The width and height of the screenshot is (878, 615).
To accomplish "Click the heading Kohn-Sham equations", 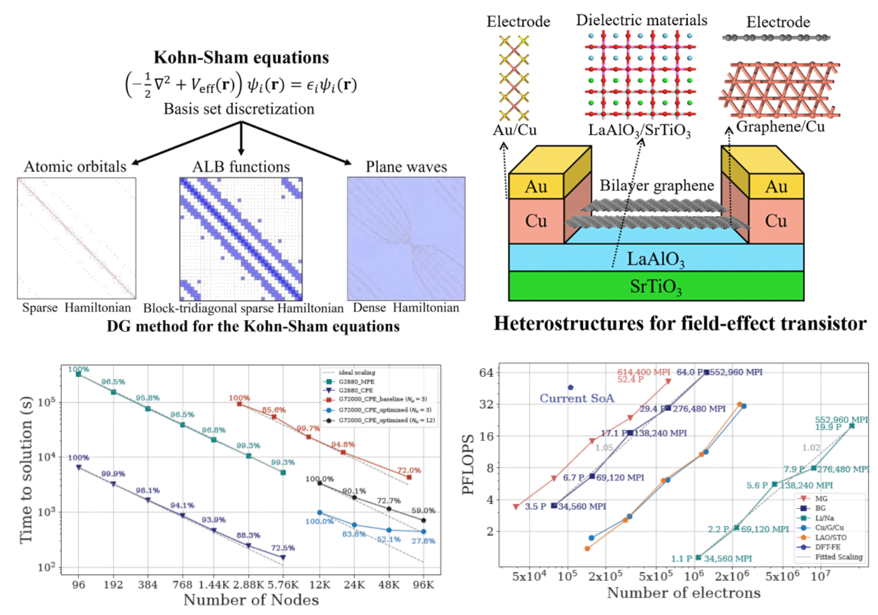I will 241,58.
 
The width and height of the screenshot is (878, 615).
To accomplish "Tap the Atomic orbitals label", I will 75,166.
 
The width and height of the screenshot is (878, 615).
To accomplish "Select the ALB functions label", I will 241,166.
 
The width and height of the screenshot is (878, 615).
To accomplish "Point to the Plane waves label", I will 406,166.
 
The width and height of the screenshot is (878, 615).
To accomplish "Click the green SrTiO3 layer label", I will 656,287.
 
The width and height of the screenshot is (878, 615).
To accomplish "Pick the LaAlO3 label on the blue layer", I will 655,259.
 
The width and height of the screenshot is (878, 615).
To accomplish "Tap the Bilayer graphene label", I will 657,185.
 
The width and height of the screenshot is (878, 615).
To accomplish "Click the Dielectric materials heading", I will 641,20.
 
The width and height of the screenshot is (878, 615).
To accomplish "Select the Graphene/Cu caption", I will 780,127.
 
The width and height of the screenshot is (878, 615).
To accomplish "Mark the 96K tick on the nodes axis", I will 423,585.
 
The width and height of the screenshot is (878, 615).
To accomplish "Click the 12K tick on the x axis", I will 320,585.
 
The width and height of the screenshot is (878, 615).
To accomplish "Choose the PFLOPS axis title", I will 468,464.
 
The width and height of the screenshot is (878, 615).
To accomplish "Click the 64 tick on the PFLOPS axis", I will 486,372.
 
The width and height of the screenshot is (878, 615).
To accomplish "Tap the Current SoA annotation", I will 577,398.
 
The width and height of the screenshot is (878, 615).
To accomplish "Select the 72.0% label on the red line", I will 409,470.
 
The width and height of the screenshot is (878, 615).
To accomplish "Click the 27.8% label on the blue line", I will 423,541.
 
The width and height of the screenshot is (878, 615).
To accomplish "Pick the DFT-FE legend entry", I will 827,547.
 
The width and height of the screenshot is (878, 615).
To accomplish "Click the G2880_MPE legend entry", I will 356,381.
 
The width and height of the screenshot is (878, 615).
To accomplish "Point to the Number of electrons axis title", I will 684,593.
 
